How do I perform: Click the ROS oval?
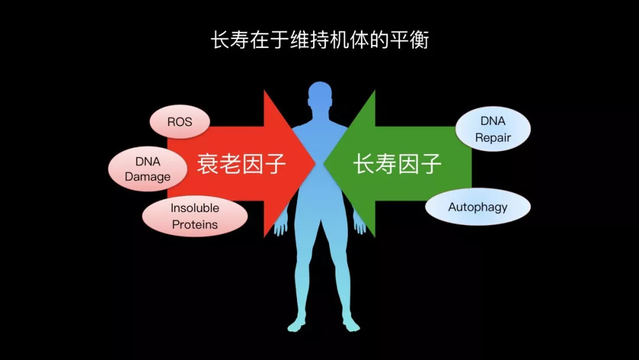pyautogui.click(x=179, y=122)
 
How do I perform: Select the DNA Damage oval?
pyautogui.click(x=147, y=169)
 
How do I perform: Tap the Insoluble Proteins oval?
pyautogui.click(x=195, y=216)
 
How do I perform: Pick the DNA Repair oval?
pyautogui.click(x=493, y=130)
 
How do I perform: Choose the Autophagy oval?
pyautogui.click(x=477, y=207)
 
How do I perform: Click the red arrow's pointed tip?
pyautogui.click(x=314, y=163)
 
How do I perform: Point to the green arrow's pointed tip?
pyautogui.click(x=325, y=163)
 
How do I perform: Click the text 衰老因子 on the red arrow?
pyautogui.click(x=241, y=163)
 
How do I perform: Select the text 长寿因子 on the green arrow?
pyautogui.click(x=398, y=163)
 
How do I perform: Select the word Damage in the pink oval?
pyautogui.click(x=147, y=176)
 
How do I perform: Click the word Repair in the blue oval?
pyautogui.click(x=493, y=138)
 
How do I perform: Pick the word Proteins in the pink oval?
pyautogui.click(x=195, y=224)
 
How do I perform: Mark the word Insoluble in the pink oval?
pyautogui.click(x=195, y=208)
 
